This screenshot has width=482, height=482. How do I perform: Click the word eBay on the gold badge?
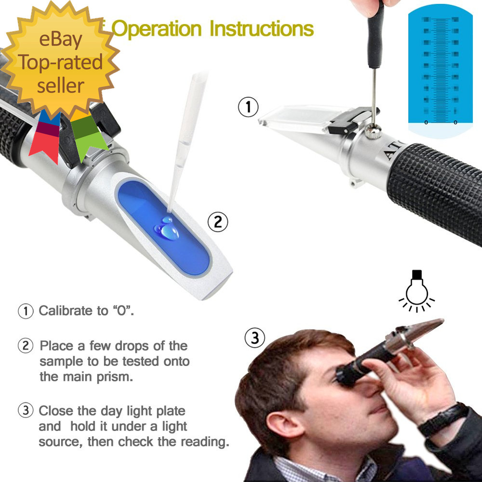click(x=61, y=40)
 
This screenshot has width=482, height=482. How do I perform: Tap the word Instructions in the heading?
click(x=262, y=29)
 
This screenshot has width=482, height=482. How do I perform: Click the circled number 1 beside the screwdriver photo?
click(x=249, y=107)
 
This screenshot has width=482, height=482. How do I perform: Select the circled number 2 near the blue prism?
click(x=217, y=222)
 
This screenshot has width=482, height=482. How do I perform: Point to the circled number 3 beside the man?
click(x=255, y=338)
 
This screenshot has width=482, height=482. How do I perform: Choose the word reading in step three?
click(x=205, y=442)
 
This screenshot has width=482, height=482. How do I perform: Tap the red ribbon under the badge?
click(x=44, y=137)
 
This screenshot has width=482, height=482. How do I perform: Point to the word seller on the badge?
click(x=61, y=85)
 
